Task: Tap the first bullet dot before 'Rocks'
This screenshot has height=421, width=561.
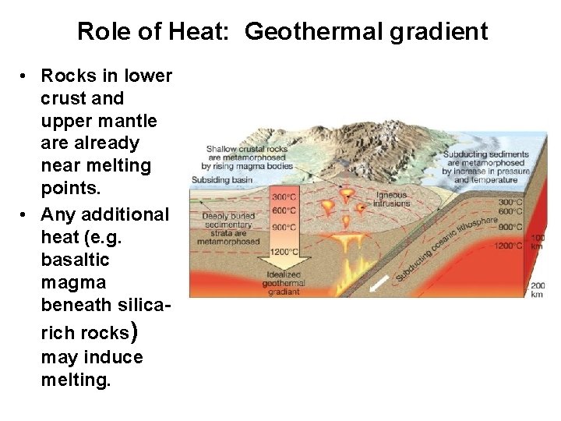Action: click(x=26, y=76)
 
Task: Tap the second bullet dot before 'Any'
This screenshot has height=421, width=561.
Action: click(x=26, y=213)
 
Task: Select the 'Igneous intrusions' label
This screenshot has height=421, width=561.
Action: click(x=391, y=199)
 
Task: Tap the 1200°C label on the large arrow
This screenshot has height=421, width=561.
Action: click(x=283, y=252)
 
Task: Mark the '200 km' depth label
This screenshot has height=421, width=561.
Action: click(x=538, y=290)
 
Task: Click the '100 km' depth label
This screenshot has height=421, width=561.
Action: click(x=538, y=241)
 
